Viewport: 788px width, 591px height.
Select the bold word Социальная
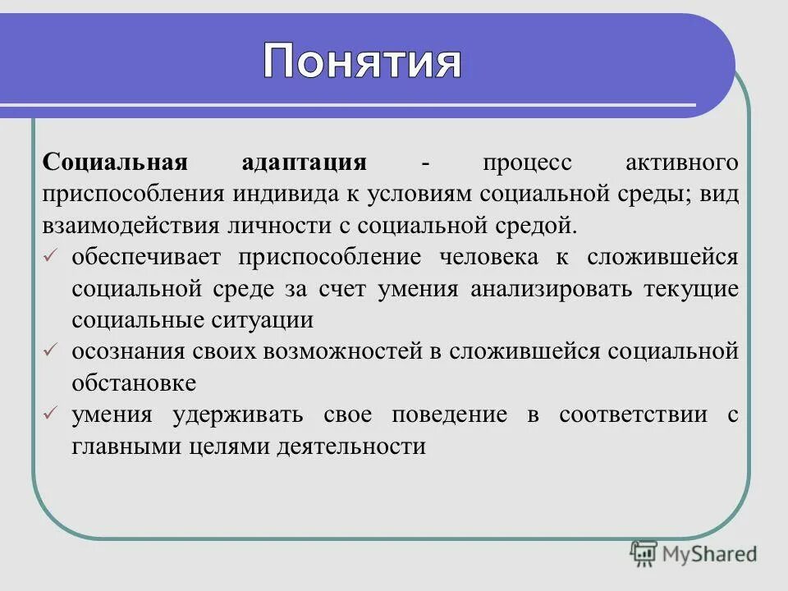[116, 161]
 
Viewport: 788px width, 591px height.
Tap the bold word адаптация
[304, 161]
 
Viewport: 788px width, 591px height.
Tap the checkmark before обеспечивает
[50, 257]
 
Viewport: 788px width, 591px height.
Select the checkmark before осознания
[50, 351]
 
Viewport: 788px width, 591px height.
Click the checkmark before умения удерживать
[50, 415]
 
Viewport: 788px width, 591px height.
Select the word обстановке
[134, 383]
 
